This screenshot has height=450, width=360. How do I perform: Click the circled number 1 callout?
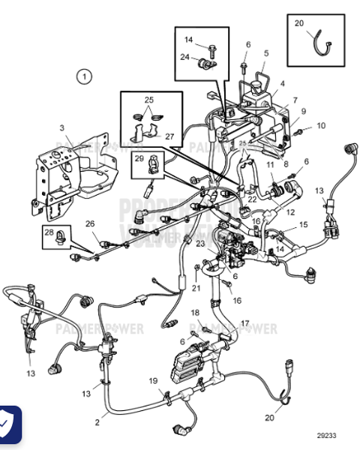85,76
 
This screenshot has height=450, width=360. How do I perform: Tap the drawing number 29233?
326,434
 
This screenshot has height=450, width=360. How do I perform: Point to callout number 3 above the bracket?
62,129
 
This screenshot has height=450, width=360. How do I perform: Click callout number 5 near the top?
265,54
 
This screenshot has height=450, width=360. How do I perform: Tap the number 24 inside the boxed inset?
184,55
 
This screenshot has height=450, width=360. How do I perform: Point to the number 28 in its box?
49,233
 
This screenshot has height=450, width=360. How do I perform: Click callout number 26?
90,223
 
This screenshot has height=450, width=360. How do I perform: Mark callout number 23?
200,243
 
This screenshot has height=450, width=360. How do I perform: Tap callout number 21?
196,288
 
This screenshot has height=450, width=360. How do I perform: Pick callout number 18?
194,312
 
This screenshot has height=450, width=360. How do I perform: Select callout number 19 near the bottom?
152,381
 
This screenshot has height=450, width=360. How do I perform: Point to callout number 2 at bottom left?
97,422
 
